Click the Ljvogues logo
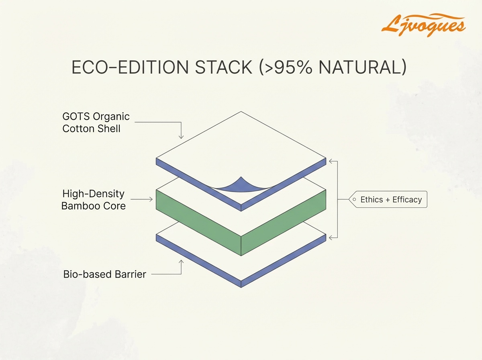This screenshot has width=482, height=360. point(423,25)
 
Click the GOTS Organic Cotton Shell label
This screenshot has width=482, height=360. point(96,123)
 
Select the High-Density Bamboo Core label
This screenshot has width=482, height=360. point(93,200)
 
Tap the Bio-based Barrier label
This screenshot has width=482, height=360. point(104,275)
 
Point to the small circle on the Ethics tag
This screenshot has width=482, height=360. point(355,200)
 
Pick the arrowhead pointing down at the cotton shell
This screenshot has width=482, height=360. point(181,137)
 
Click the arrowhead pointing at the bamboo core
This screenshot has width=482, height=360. point(152,199)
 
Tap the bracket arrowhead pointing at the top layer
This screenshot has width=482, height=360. point(331,162)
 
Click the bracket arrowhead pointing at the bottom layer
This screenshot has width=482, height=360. point(331,238)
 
